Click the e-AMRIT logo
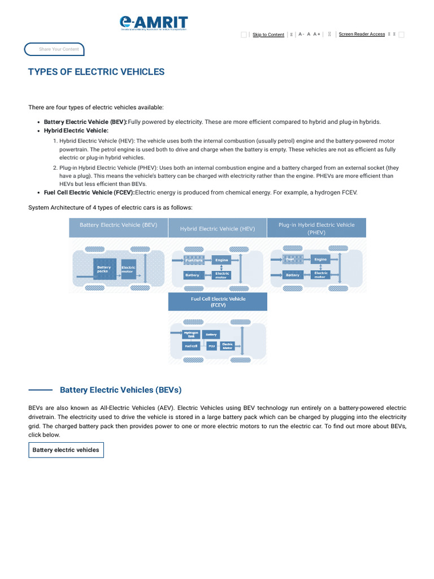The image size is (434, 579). click(153, 23)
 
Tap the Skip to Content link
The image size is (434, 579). click(268, 34)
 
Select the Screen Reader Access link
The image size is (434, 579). click(362, 34)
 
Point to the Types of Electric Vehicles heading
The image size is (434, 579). click(96, 72)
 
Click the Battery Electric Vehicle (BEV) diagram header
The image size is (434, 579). click(118, 225)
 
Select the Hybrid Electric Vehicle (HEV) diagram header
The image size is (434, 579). click(218, 229)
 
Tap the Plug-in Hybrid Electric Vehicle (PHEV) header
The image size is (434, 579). click(316, 228)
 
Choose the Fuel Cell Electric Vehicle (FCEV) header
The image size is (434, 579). click(218, 302)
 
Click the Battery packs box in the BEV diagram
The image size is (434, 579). click(105, 269)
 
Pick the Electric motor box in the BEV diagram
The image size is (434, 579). click(129, 269)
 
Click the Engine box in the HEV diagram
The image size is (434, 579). click(222, 260)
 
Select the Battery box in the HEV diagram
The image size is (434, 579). click(193, 275)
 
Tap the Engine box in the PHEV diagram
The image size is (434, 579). click(320, 260)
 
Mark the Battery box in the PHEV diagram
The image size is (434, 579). click(293, 275)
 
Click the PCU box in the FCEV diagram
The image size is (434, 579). click(211, 345)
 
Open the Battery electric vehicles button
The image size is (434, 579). click(66, 450)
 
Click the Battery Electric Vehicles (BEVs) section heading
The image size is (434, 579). click(120, 390)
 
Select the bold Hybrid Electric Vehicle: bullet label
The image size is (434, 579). click(76, 131)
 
